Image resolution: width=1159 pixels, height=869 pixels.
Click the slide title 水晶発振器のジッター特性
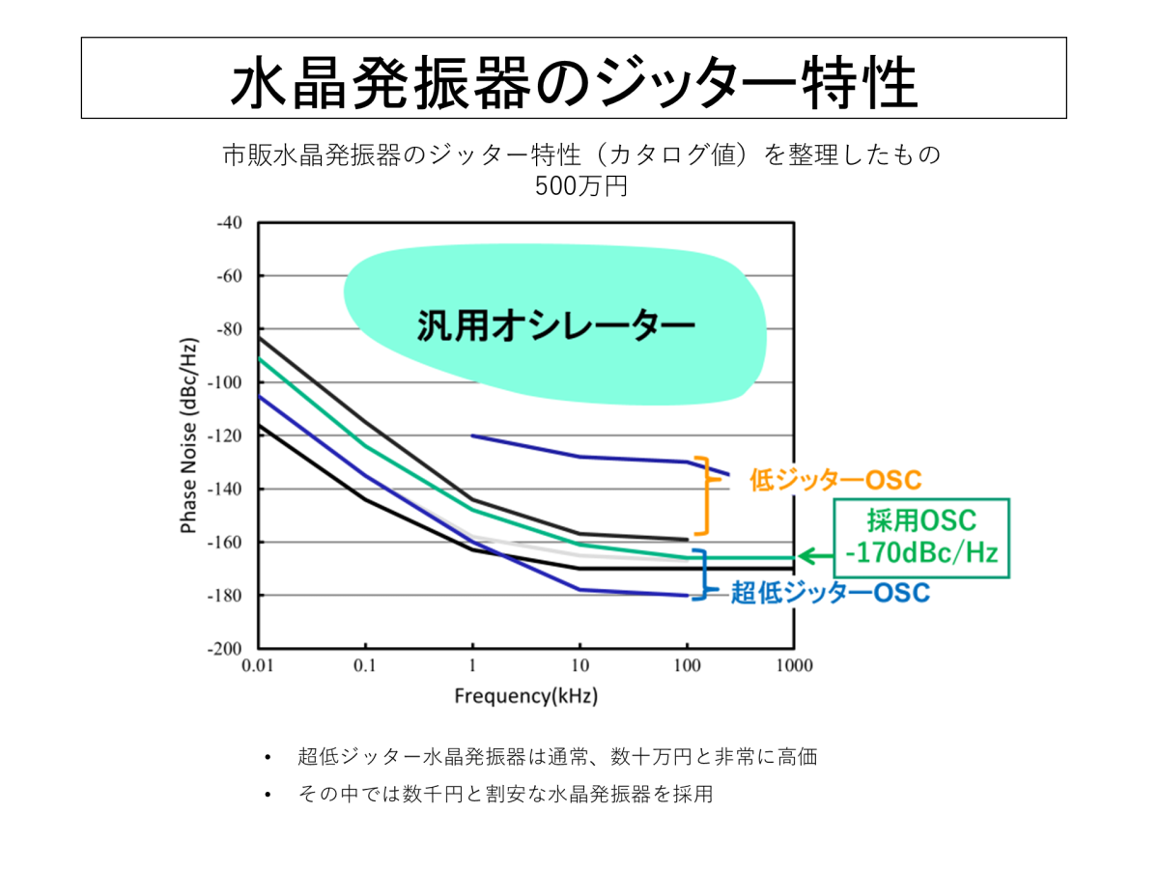pyautogui.click(x=573, y=79)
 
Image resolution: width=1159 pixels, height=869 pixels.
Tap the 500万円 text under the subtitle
pyautogui.click(x=581, y=183)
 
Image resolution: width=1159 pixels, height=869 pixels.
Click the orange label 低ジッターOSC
pyautogui.click(x=834, y=480)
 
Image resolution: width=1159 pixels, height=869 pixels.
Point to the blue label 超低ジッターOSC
pyautogui.click(x=830, y=592)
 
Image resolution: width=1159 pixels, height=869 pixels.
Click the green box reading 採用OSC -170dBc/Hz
pyautogui.click(x=922, y=538)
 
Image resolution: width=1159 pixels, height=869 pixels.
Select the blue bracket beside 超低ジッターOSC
pyautogui.click(x=704, y=575)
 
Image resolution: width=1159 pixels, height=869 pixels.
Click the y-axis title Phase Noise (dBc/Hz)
pyautogui.click(x=189, y=435)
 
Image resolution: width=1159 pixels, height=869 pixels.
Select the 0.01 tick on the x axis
pyautogui.click(x=258, y=666)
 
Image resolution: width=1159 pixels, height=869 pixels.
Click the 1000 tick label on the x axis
pyautogui.click(x=793, y=666)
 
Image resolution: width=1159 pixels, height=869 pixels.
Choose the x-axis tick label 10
pyautogui.click(x=579, y=666)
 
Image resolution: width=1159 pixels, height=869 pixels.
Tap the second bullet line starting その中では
pyautogui.click(x=505, y=795)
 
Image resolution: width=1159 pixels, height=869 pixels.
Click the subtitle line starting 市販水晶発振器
pyautogui.click(x=581, y=154)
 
